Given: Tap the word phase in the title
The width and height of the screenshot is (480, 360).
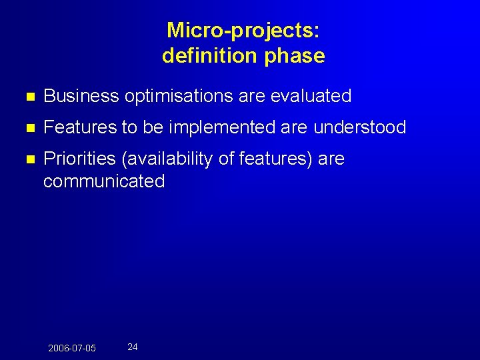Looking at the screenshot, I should click(295, 56).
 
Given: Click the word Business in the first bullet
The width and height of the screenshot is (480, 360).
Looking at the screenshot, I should click(81, 96).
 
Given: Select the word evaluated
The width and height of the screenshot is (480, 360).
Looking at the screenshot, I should click(311, 96).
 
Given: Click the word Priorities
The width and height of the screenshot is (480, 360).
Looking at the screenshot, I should click(78, 159).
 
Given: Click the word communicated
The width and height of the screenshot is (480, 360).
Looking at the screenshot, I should click(104, 181).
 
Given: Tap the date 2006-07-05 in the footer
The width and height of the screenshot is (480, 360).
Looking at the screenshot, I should click(72, 349).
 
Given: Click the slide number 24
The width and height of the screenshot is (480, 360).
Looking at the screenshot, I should click(133, 347).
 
